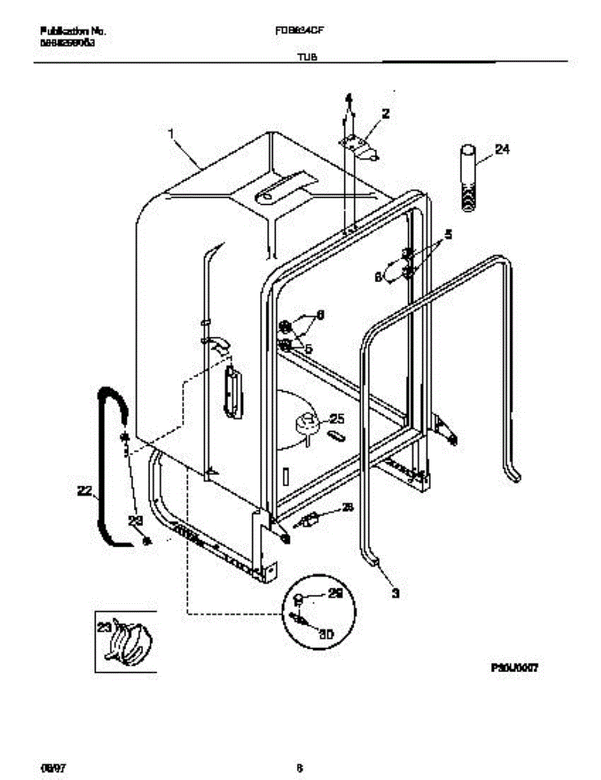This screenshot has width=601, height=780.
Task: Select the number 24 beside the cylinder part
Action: coord(502,149)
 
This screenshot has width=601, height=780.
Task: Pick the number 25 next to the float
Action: coord(337,419)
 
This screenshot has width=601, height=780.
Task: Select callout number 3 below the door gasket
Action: coord(396,593)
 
